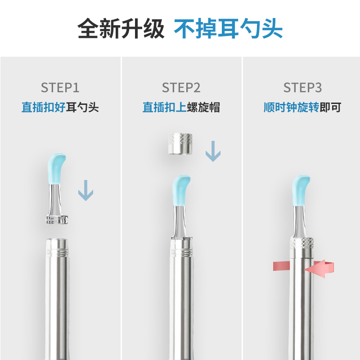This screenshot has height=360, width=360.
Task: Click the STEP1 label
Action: click(x=60, y=87)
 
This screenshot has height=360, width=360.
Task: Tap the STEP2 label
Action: click(x=181, y=87)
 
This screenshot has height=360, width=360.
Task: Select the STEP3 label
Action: click(x=302, y=87)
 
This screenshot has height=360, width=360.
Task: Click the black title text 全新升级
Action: click(x=121, y=29)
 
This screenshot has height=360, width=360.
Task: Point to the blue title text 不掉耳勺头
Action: click(x=228, y=29)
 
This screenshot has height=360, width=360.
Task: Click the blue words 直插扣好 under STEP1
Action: click(x=44, y=108)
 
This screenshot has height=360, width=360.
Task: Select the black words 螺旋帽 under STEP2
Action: click(x=203, y=108)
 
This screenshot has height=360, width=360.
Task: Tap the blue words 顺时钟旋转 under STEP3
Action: click(x=291, y=108)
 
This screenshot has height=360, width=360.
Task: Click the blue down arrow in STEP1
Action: click(x=85, y=190)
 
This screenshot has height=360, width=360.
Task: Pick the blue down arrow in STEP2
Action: click(x=213, y=151)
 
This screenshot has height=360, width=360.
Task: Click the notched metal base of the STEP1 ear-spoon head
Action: click(x=57, y=220)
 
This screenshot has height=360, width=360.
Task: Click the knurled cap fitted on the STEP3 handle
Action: click(x=302, y=247)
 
